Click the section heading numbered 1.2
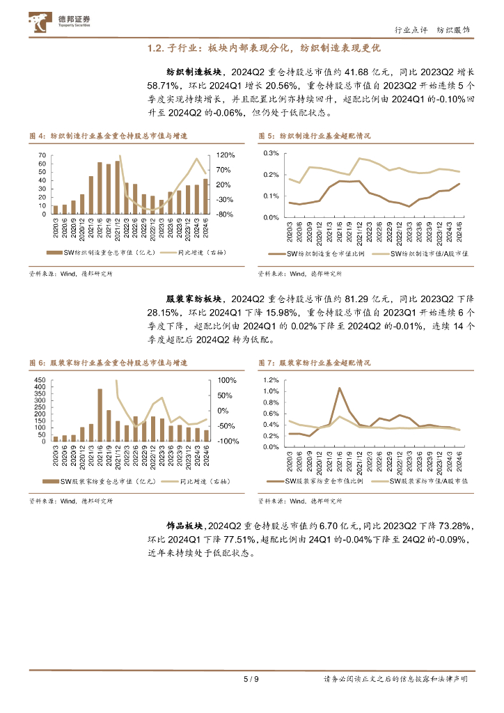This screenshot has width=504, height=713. pos(265,49)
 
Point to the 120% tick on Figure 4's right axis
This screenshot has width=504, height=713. pos(226,155)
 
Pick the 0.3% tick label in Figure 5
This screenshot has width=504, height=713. pos(271,153)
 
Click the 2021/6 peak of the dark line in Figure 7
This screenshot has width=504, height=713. pos(339,388)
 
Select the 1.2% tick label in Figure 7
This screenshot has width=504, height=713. pos(271,381)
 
